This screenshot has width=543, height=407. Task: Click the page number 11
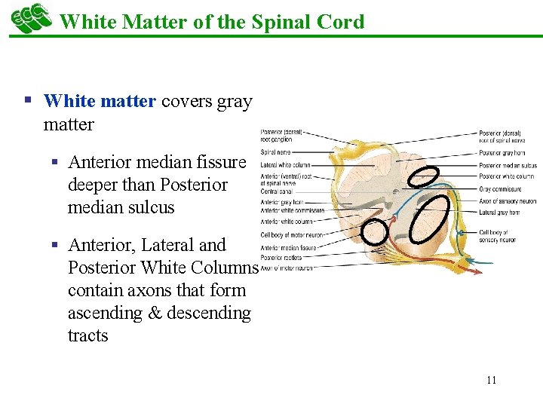tap(491, 380)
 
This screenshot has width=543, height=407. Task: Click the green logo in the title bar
tap(31, 18)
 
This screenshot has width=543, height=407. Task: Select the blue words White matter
tap(100, 101)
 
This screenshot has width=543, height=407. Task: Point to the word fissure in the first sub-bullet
tap(220, 162)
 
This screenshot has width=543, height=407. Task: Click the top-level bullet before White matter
tap(28, 100)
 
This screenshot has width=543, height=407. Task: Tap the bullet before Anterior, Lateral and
tap(55, 245)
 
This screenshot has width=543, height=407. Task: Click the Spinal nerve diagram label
tap(276, 152)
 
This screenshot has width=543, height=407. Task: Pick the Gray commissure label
tap(499, 189)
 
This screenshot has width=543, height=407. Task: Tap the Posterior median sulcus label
tap(508, 165)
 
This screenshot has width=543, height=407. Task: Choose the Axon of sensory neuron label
tap(507, 201)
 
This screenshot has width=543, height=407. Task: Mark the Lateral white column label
tap(285, 164)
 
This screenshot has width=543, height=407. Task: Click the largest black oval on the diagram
tap(434, 218)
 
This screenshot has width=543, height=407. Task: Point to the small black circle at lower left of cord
tap(374, 231)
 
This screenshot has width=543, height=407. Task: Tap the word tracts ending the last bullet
tap(87, 335)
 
